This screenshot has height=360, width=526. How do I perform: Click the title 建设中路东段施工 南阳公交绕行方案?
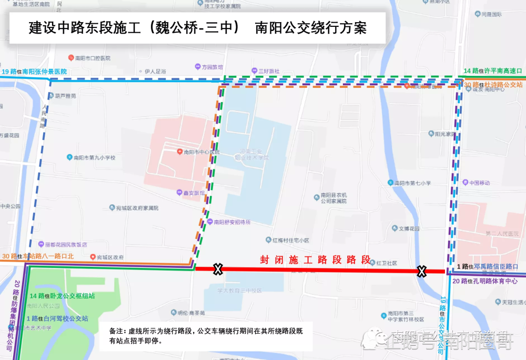coord(197,28)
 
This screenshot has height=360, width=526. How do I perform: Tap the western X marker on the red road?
coord(217,269)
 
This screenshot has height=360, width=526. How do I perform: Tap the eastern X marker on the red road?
coord(421,271)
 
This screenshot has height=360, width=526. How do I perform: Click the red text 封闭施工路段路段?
coord(316,259)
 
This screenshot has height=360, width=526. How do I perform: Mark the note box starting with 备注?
coord(206,336)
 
